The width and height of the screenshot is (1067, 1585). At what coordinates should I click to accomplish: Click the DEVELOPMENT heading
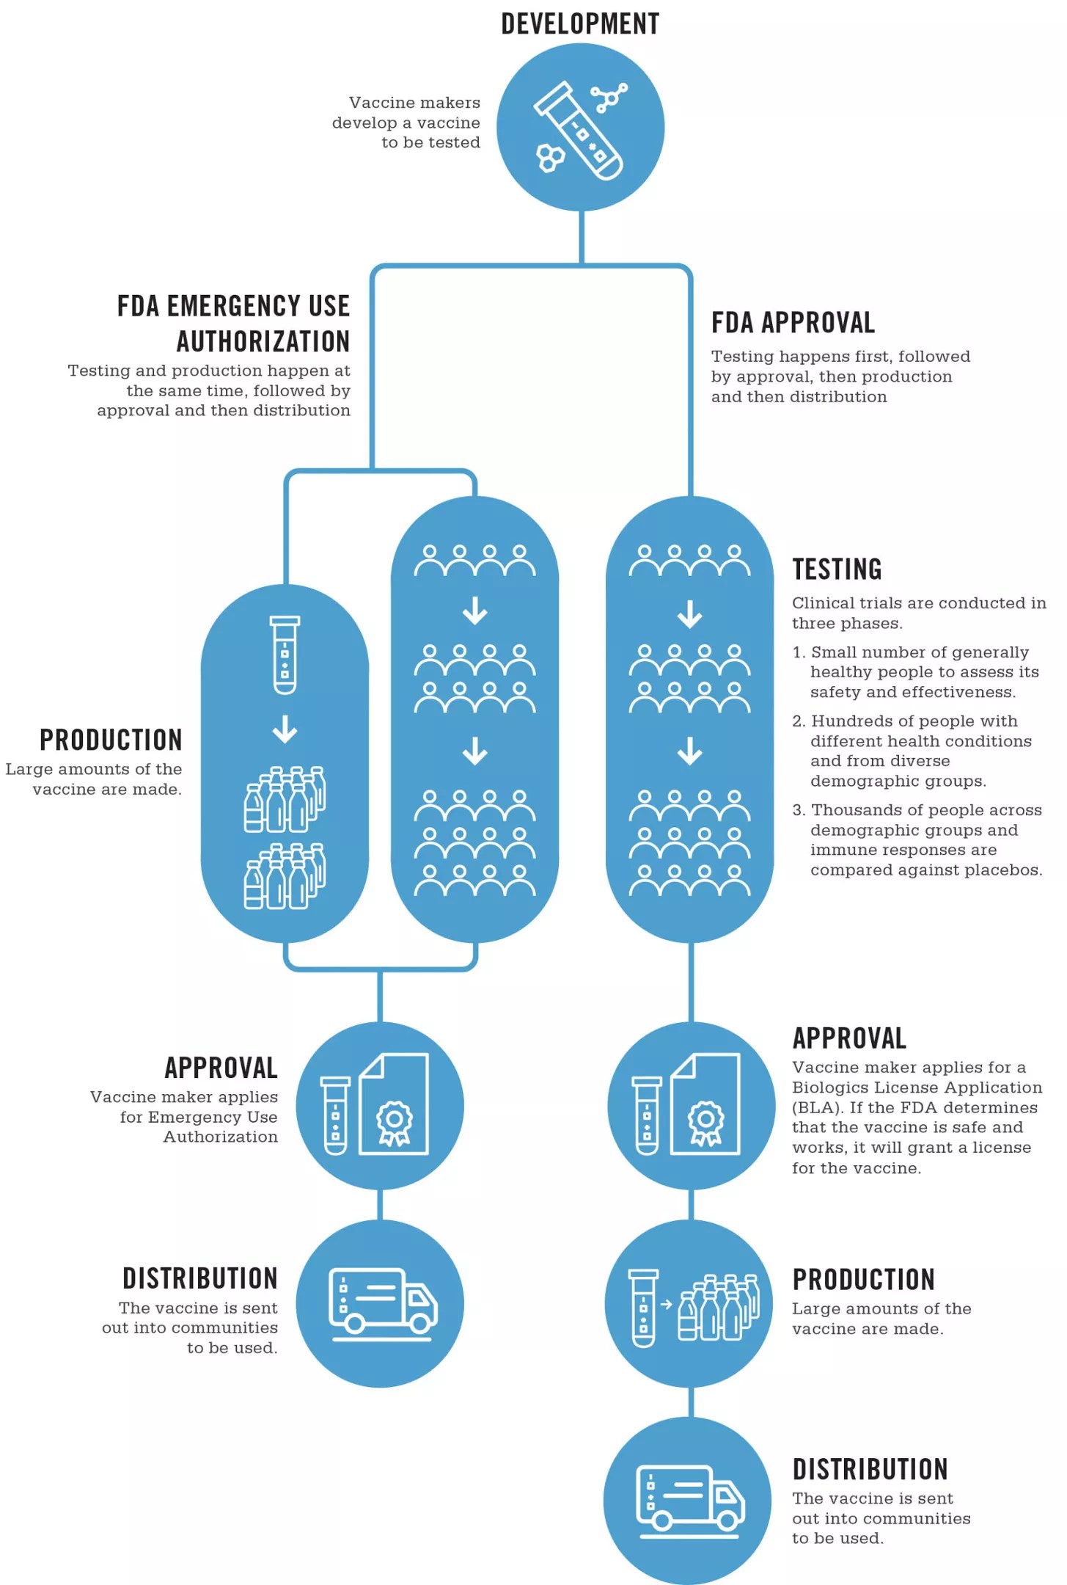(580, 24)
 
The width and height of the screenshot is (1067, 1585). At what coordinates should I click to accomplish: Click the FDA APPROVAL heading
(793, 323)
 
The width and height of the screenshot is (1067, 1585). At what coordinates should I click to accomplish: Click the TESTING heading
(837, 569)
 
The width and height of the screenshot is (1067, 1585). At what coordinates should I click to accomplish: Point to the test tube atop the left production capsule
(285, 655)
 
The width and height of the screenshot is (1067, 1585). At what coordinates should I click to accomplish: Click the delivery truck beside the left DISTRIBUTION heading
(383, 1302)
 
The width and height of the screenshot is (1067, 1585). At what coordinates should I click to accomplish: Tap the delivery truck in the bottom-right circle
(690, 1499)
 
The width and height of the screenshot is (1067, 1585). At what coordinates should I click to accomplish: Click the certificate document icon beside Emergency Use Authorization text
(394, 1104)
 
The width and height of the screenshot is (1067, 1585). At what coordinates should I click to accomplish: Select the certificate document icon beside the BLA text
(705, 1104)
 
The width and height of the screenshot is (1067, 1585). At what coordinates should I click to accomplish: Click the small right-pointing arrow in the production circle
(666, 1304)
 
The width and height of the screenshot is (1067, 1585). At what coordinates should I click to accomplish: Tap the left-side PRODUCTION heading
(111, 740)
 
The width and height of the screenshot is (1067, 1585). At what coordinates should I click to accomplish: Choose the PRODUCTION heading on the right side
(863, 1280)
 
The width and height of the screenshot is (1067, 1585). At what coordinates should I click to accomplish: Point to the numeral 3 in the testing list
(798, 810)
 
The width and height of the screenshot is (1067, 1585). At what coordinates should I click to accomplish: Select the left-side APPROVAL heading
(221, 1068)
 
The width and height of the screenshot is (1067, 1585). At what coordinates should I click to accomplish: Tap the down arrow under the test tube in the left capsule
(285, 729)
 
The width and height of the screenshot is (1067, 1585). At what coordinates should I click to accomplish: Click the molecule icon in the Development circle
(609, 98)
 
